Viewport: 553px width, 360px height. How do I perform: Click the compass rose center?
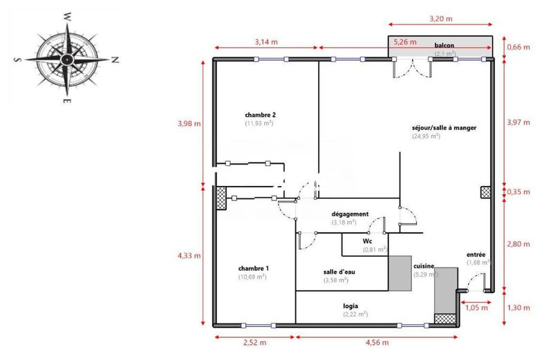point(67,59)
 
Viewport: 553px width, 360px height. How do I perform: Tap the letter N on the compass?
point(115,59)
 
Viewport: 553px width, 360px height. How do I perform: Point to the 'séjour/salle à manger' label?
point(444,127)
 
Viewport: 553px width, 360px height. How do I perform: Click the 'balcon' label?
point(444,44)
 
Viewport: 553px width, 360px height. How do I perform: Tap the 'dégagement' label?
point(349,214)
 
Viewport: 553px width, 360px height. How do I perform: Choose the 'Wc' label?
point(367,240)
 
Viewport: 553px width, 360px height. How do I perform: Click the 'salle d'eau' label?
point(339,272)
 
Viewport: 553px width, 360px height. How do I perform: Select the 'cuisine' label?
point(424,266)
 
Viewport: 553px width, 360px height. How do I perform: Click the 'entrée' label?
point(476,254)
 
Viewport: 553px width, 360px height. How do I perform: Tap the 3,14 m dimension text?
point(266,41)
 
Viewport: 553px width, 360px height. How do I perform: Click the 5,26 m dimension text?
point(404,41)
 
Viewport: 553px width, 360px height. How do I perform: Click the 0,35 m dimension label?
point(518,191)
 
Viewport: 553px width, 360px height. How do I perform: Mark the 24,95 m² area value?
point(426,136)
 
